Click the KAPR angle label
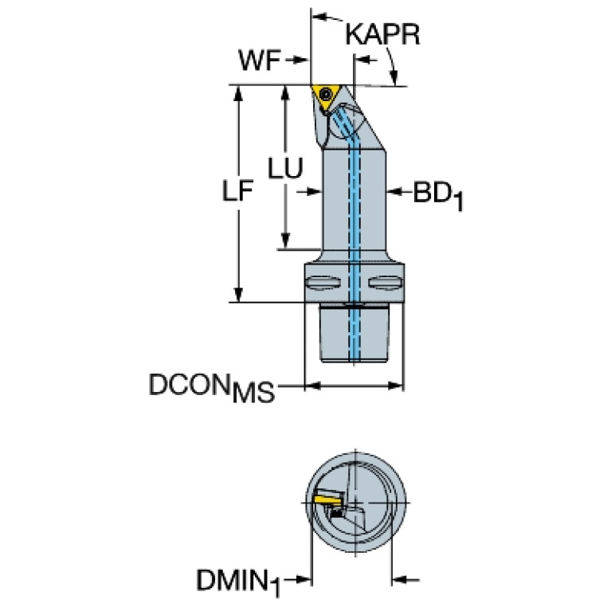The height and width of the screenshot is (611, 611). tap(382, 36)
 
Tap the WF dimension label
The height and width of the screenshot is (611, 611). tap(260, 60)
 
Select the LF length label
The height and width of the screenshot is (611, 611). tap(236, 192)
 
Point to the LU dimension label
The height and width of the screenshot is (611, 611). tap(284, 168)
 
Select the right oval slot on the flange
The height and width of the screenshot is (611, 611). tap(383, 281)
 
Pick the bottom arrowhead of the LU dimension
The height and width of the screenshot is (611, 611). tap(285, 242)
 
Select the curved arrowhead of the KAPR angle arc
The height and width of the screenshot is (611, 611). tap(394, 78)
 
